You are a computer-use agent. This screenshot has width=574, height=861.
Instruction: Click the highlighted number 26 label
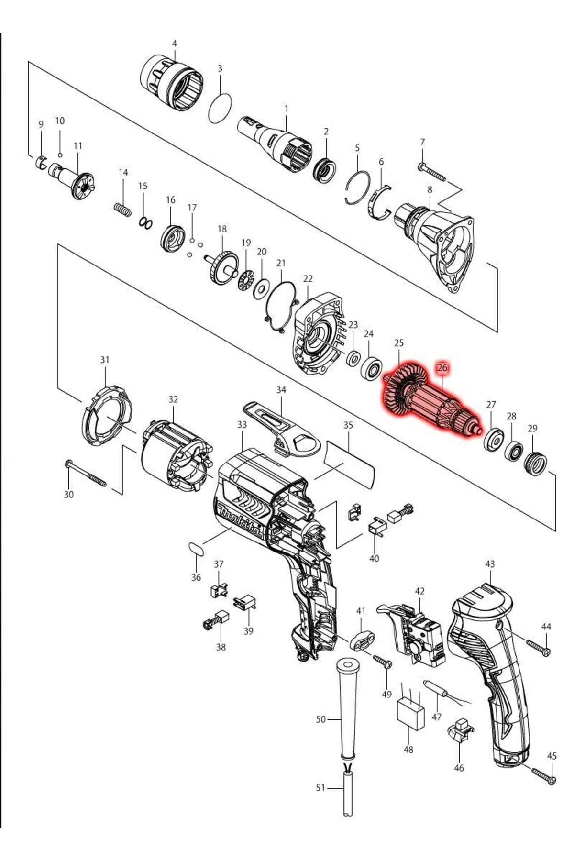(x=442, y=368)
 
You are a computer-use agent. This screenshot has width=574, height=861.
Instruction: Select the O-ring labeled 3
(x=221, y=109)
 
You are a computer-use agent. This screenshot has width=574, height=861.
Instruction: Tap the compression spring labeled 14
(x=122, y=209)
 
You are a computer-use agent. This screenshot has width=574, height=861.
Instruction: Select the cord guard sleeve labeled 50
(x=348, y=708)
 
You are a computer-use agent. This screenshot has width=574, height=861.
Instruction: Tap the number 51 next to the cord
(x=320, y=788)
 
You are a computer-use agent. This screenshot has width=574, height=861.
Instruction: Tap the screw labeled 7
(x=433, y=173)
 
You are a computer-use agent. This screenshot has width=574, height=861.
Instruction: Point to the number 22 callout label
(x=308, y=278)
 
